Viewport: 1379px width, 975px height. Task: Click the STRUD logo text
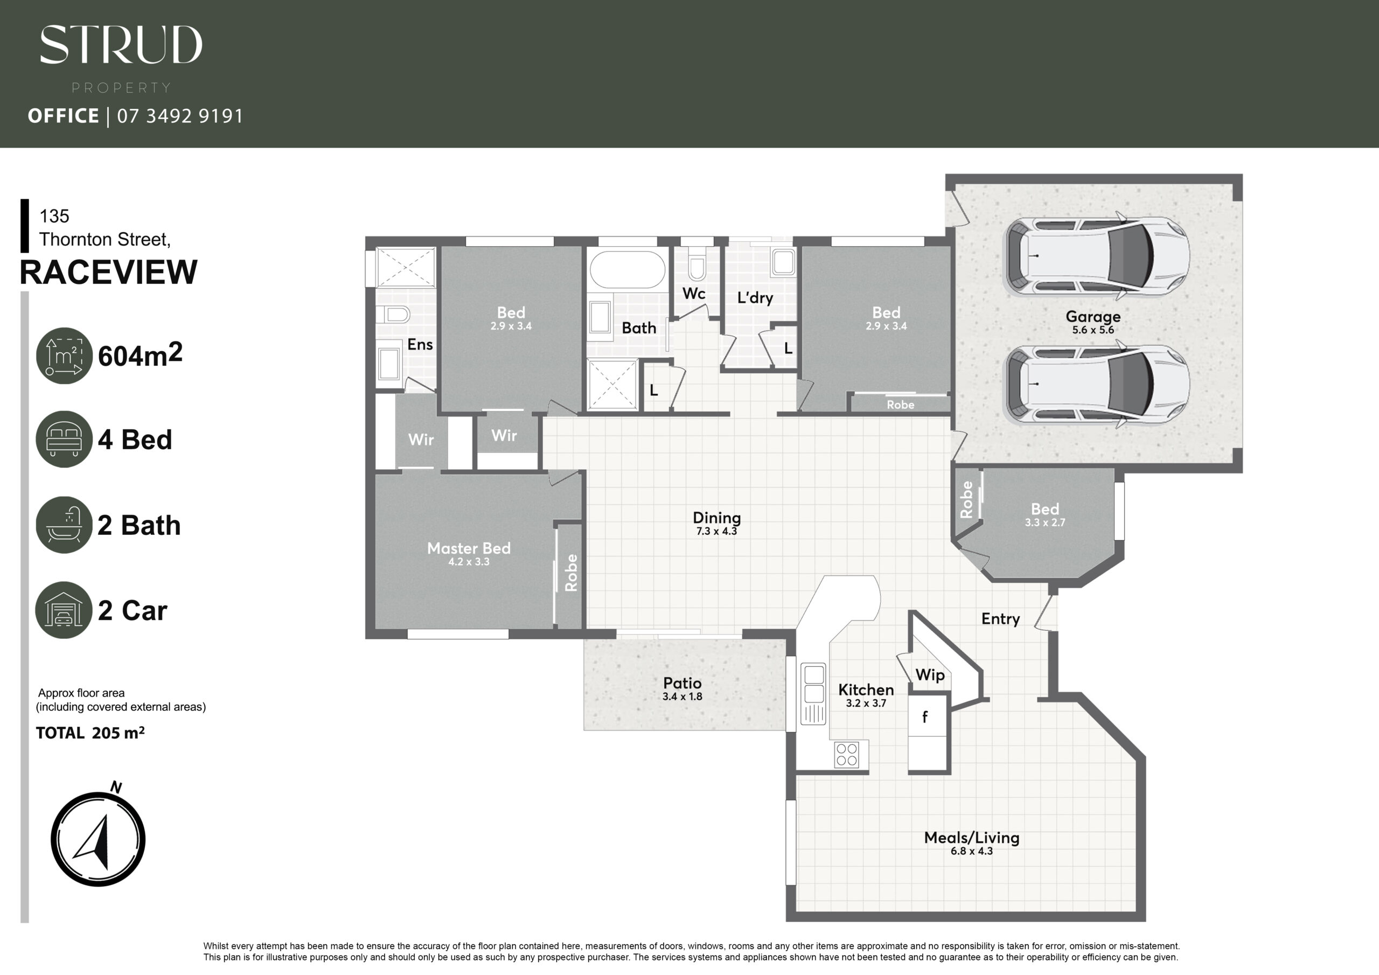pos(121,45)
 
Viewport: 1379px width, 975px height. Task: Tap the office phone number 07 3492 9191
pos(180,116)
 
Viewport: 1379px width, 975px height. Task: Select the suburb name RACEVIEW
pos(108,272)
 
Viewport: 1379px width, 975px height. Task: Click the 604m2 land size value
pos(140,355)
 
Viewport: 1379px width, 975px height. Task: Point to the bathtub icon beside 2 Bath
pos(64,525)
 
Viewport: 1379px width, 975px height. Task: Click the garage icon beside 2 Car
pos(64,610)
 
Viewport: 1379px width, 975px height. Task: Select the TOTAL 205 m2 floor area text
pos(90,733)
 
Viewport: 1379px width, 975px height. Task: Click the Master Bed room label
pos(469,548)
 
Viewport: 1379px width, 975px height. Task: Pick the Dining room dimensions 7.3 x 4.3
pos(716,531)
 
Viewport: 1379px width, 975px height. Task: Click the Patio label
pos(682,683)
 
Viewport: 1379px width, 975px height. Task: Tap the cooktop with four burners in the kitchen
pos(847,755)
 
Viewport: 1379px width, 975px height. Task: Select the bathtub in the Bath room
pos(627,269)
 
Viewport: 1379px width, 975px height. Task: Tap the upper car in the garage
pos(1097,256)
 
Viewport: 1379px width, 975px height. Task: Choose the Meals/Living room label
pos(972,838)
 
